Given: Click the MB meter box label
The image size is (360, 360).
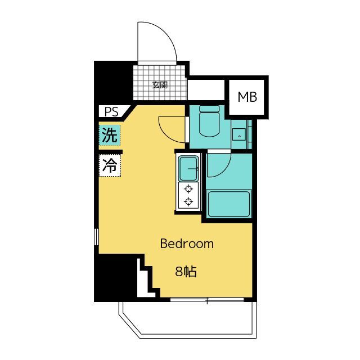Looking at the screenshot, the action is coord(247,97).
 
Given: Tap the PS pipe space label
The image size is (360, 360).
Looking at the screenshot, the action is coord(111,112).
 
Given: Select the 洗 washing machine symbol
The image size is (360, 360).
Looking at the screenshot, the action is coord(110,135).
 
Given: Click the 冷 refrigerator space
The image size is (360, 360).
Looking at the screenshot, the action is coord(110,165).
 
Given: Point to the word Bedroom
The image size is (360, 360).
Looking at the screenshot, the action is coord(187,244).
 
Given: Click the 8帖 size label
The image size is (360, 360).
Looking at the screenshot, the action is coord(186,272).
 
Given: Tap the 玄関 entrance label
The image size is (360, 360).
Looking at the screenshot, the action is coord(160,85).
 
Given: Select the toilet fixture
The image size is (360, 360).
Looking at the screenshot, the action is coord(209,121).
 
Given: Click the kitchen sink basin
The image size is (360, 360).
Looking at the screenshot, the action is coord(188,169).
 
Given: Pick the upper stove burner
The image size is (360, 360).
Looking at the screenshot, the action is coord(188,189).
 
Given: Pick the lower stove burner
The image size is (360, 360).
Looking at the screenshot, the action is coord(188,202).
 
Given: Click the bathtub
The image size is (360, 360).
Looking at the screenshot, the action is coord(229,204).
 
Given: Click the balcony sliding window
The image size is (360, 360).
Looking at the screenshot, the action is coord(207,300).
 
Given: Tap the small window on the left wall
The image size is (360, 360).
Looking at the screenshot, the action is coord(96,237).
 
